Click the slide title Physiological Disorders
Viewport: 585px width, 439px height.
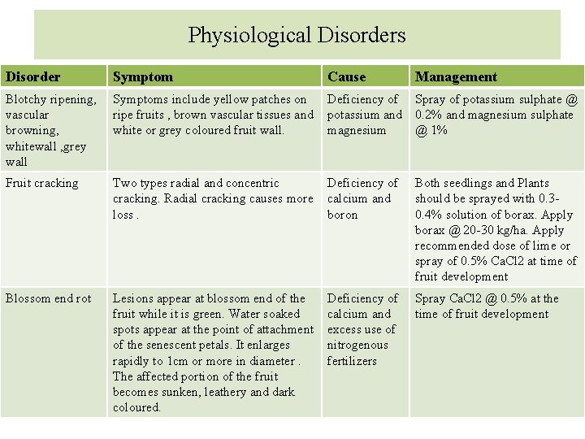point(297,35)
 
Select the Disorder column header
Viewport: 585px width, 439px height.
point(33,77)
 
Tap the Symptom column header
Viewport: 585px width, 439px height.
point(143,77)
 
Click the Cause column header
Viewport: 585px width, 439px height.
point(347,77)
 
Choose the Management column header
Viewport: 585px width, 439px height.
point(456,77)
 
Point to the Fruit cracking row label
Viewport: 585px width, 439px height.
point(42,183)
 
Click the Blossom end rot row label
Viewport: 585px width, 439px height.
point(48,298)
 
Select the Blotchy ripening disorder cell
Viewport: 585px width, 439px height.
point(50,130)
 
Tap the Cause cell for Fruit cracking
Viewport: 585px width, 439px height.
point(362,199)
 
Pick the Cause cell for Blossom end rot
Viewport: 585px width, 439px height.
point(362,329)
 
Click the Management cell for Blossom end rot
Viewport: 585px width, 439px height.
point(487,306)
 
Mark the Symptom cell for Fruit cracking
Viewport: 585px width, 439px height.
point(212,199)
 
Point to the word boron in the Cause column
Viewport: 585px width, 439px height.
point(342,215)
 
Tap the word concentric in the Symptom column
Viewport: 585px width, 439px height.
point(253,184)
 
